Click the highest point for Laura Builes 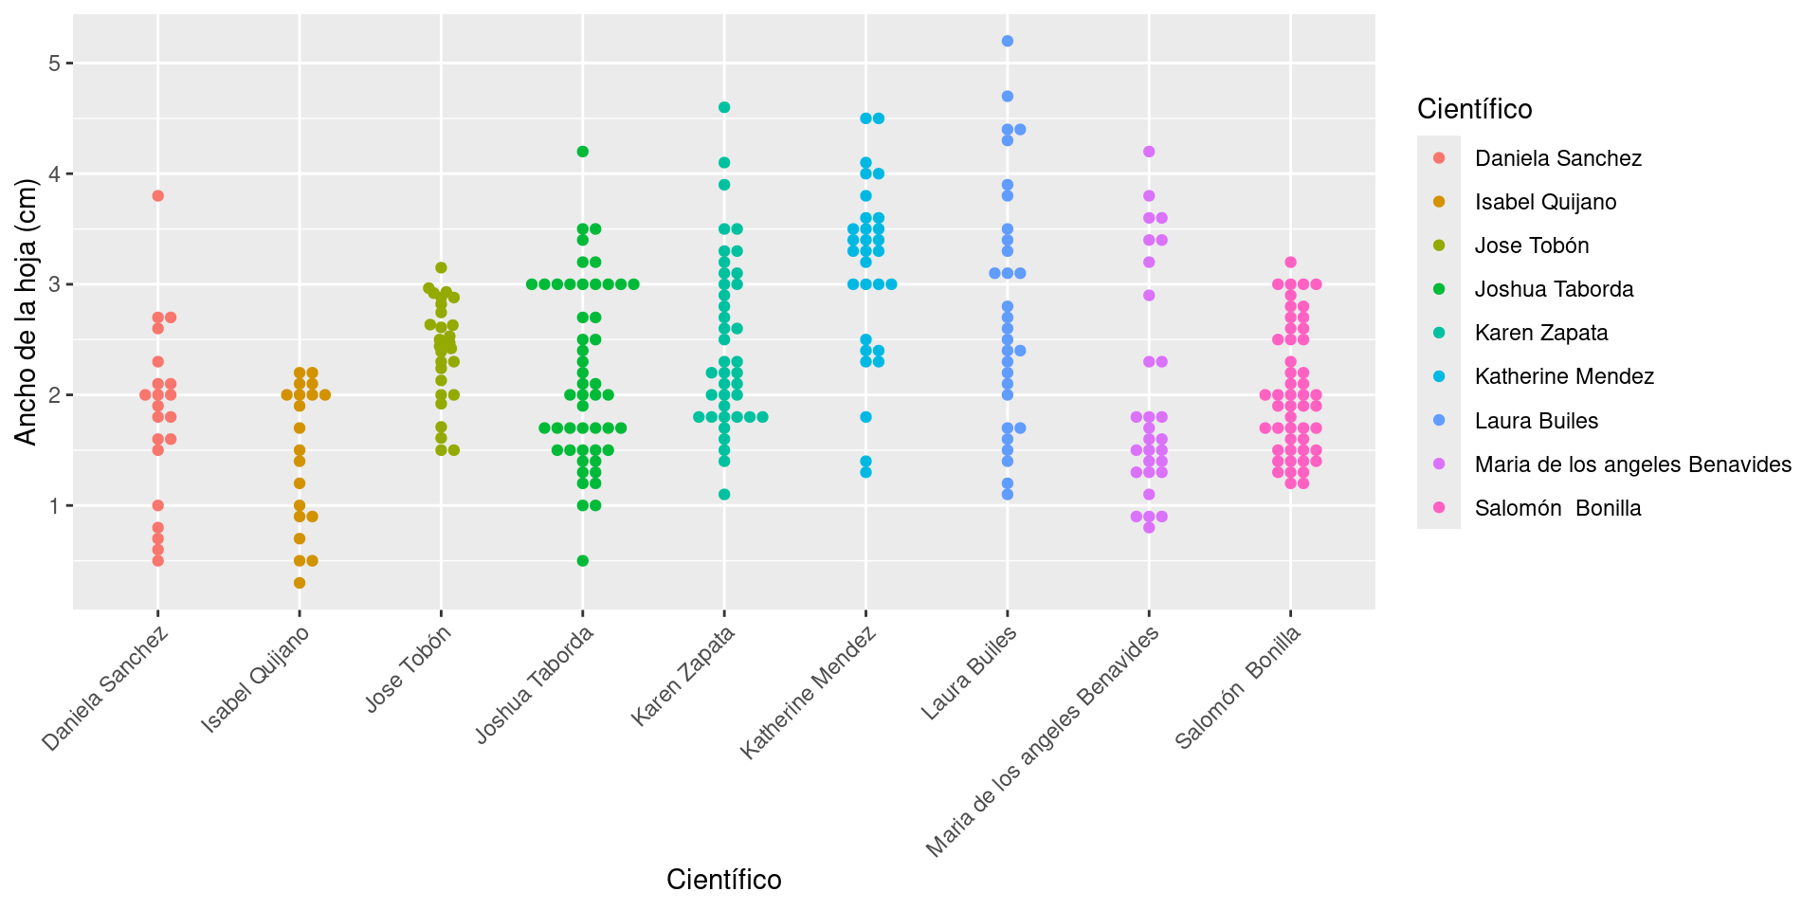[1008, 41]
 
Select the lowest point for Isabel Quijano [300, 583]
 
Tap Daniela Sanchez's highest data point [158, 196]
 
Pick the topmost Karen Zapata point [724, 107]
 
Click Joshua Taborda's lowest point [583, 561]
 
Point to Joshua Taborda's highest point [583, 152]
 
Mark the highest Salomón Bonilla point [1290, 263]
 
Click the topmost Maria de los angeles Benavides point [1149, 152]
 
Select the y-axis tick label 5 [54, 64]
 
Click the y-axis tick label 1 [54, 506]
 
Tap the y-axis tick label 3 [54, 284]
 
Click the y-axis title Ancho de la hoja [26, 312]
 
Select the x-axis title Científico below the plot [724, 880]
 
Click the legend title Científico [1474, 110]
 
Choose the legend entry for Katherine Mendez [1564, 377]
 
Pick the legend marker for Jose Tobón [1439, 246]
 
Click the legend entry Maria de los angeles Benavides [1632, 464]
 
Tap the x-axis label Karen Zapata [684, 677]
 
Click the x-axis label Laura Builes [969, 674]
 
